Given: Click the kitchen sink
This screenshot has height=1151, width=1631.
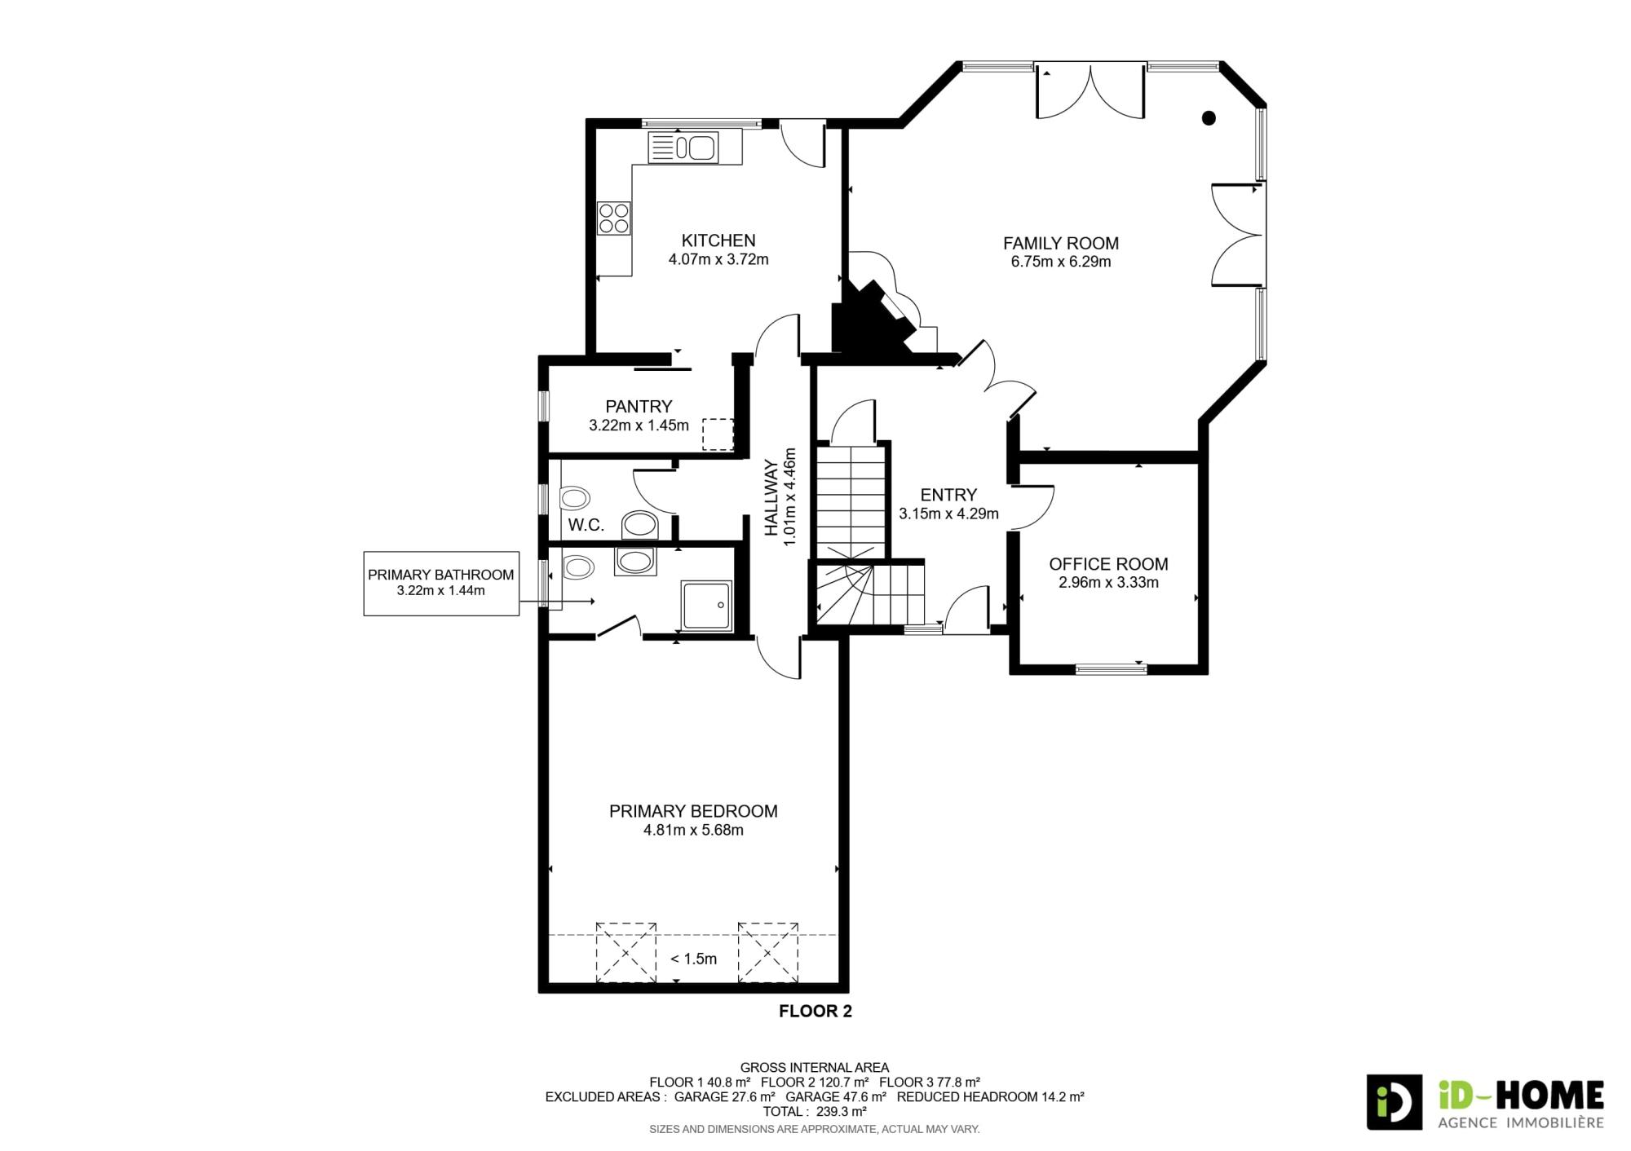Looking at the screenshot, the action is [x=683, y=148].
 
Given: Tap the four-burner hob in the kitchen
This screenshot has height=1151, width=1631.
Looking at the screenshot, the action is [x=614, y=218].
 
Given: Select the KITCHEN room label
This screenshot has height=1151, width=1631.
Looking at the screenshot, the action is [x=718, y=240].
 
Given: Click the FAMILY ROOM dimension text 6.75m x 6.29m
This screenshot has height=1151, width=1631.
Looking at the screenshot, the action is [x=1061, y=262].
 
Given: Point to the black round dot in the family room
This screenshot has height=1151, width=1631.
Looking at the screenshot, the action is [x=1209, y=118].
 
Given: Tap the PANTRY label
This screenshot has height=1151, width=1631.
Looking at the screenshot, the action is [x=639, y=406].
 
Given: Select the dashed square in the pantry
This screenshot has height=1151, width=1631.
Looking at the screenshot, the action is [x=718, y=434].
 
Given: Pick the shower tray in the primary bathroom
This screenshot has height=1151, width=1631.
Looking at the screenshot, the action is [x=707, y=605].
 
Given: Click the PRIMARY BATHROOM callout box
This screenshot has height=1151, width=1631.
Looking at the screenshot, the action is [x=441, y=583].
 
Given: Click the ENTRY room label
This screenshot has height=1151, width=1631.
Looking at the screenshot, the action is [x=948, y=495].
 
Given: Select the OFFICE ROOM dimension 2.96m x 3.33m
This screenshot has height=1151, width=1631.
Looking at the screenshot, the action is [x=1108, y=582].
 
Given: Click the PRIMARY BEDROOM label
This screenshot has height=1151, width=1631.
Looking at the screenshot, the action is [x=693, y=811].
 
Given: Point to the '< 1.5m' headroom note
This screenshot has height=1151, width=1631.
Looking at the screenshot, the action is [x=693, y=959].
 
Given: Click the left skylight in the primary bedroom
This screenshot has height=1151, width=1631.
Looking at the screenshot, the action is [x=626, y=952].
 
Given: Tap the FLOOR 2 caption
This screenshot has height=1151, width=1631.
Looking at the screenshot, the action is [x=815, y=1011].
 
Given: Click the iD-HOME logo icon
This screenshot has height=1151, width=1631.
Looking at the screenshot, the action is [x=1395, y=1102].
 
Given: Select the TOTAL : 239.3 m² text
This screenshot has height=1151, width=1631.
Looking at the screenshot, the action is [x=815, y=1111].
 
